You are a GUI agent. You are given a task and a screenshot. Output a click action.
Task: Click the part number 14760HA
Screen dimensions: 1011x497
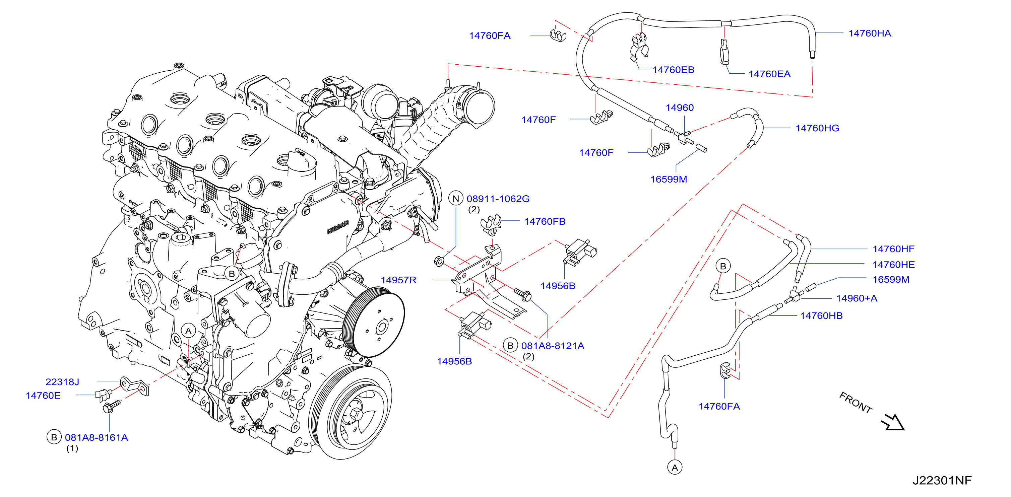coord(869,33)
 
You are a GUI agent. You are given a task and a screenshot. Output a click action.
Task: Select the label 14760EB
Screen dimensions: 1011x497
coord(673,70)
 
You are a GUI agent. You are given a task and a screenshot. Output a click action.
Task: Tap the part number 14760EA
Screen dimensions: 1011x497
coord(769,74)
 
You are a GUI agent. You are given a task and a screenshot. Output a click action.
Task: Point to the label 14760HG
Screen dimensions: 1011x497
coord(817,128)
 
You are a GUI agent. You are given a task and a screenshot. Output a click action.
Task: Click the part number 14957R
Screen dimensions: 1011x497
coord(398,280)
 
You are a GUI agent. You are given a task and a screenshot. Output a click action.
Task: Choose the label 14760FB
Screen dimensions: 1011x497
coord(545,222)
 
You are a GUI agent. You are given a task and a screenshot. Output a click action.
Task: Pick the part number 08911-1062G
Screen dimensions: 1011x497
coord(498,199)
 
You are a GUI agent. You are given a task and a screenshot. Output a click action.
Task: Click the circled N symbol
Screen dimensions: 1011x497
coord(456,199)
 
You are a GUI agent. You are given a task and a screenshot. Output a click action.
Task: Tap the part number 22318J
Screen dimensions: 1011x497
coord(62,382)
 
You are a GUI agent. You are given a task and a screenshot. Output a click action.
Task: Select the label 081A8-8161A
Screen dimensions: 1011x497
coord(97,438)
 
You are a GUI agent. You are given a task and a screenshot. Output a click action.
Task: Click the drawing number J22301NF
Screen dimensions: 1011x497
coord(942,481)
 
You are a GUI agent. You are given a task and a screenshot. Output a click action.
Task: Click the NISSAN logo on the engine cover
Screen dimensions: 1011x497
coord(338,227)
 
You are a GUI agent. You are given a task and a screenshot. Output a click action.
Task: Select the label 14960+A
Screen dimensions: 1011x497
coord(857,298)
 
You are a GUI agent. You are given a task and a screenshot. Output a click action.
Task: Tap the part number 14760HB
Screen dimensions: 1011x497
coord(821,316)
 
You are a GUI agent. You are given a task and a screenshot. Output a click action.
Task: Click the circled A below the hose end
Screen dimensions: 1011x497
coord(675,468)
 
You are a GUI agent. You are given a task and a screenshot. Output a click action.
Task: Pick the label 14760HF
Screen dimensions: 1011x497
coord(893,249)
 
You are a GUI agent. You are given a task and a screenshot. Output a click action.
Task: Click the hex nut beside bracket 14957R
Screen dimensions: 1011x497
coord(439,261)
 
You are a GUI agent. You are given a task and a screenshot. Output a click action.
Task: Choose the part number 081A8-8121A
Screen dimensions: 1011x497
coord(553,346)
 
